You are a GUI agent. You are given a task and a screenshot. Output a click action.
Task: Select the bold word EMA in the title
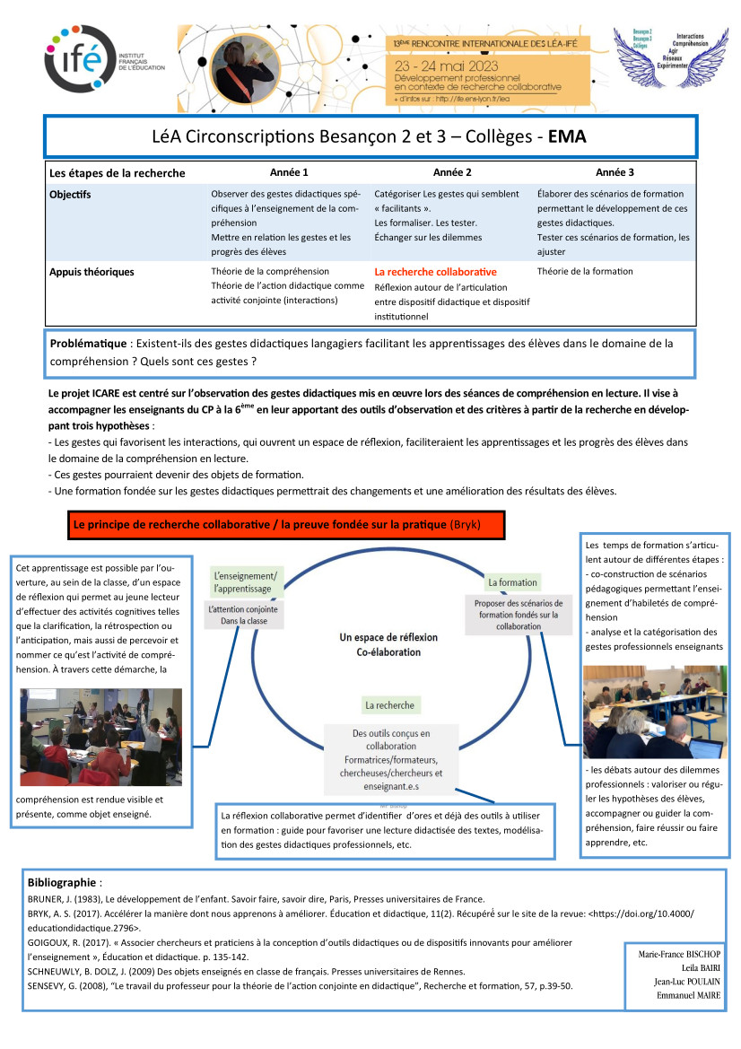pos(566,136)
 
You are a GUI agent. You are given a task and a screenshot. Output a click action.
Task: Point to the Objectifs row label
pos(71,194)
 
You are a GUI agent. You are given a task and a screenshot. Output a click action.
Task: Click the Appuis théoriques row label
pos(92,272)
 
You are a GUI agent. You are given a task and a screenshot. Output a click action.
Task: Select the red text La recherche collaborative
pos(435,271)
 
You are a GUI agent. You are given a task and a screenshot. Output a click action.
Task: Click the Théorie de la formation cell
pos(585,271)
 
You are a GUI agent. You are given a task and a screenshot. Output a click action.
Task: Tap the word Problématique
pos(90,343)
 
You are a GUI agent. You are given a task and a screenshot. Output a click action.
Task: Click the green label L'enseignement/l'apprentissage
pos(245,581)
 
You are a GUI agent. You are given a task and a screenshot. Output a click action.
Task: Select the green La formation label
pos(512,582)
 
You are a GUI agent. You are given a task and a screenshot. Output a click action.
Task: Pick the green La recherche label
pos(388,705)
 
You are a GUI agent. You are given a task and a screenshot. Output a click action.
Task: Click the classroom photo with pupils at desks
pos(100,737)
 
